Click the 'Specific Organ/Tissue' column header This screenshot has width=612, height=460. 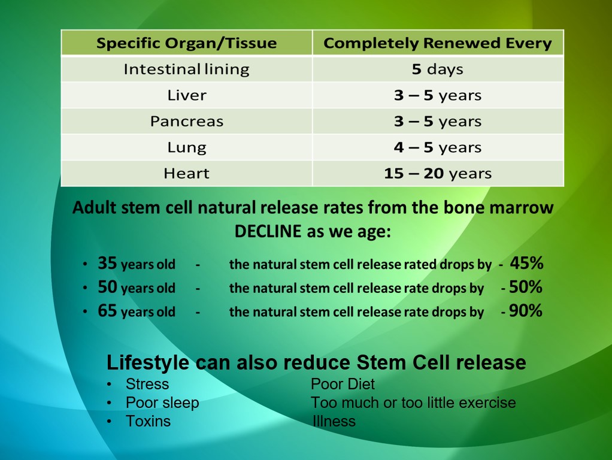187,43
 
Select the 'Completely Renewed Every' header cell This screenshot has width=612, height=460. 438,43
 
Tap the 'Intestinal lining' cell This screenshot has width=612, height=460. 187,69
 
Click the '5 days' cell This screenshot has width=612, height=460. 438,69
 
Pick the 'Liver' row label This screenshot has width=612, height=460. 187,95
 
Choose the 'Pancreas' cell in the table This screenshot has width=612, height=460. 187,122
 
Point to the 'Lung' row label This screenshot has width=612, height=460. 187,147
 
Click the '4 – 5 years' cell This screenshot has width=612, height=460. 438,147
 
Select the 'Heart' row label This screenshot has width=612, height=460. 187,173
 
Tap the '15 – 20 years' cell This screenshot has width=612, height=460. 438,173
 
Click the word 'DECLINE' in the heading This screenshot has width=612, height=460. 268,231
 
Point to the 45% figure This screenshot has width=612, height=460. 526,263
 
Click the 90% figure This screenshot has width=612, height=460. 525,310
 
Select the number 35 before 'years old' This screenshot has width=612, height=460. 107,263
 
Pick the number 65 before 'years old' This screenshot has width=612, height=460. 107,311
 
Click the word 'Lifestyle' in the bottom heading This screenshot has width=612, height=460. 148,363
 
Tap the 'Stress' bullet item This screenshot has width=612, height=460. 147,385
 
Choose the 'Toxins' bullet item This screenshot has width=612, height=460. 148,421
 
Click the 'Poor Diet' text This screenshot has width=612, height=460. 343,385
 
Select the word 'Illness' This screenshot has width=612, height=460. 334,421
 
